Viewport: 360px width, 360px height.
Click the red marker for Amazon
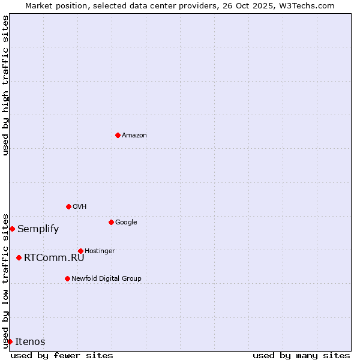pyautogui.click(x=118, y=135)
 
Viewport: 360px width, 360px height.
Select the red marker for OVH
pyautogui.click(x=68, y=206)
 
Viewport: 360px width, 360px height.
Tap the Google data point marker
pyautogui.click(x=111, y=222)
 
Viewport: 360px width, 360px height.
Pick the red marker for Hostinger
pyautogui.click(x=80, y=251)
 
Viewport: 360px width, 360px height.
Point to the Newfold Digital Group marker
pyautogui.click(x=67, y=278)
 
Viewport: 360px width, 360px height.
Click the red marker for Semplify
pyautogui.click(x=12, y=229)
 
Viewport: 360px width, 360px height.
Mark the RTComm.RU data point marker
pyautogui.click(x=19, y=257)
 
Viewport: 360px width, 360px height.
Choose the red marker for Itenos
pyautogui.click(x=10, y=341)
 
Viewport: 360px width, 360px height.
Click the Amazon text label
pyautogui.click(x=134, y=135)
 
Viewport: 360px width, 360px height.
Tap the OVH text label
pyautogui.click(x=80, y=206)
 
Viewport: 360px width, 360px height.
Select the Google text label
pyautogui.click(x=126, y=222)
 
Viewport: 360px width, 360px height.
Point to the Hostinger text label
pyautogui.click(x=100, y=251)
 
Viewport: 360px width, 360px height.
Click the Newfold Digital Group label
pyautogui.click(x=106, y=278)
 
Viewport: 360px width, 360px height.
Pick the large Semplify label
pyautogui.click(x=38, y=229)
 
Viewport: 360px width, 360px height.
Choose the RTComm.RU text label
pyautogui.click(x=54, y=257)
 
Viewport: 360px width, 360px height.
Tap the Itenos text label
pyautogui.click(x=30, y=341)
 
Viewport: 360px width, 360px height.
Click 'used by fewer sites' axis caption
pyautogui.click(x=62, y=355)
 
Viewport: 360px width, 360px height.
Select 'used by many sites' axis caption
pyautogui.click(x=301, y=355)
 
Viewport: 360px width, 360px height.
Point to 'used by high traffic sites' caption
pyautogui.click(x=5, y=85)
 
